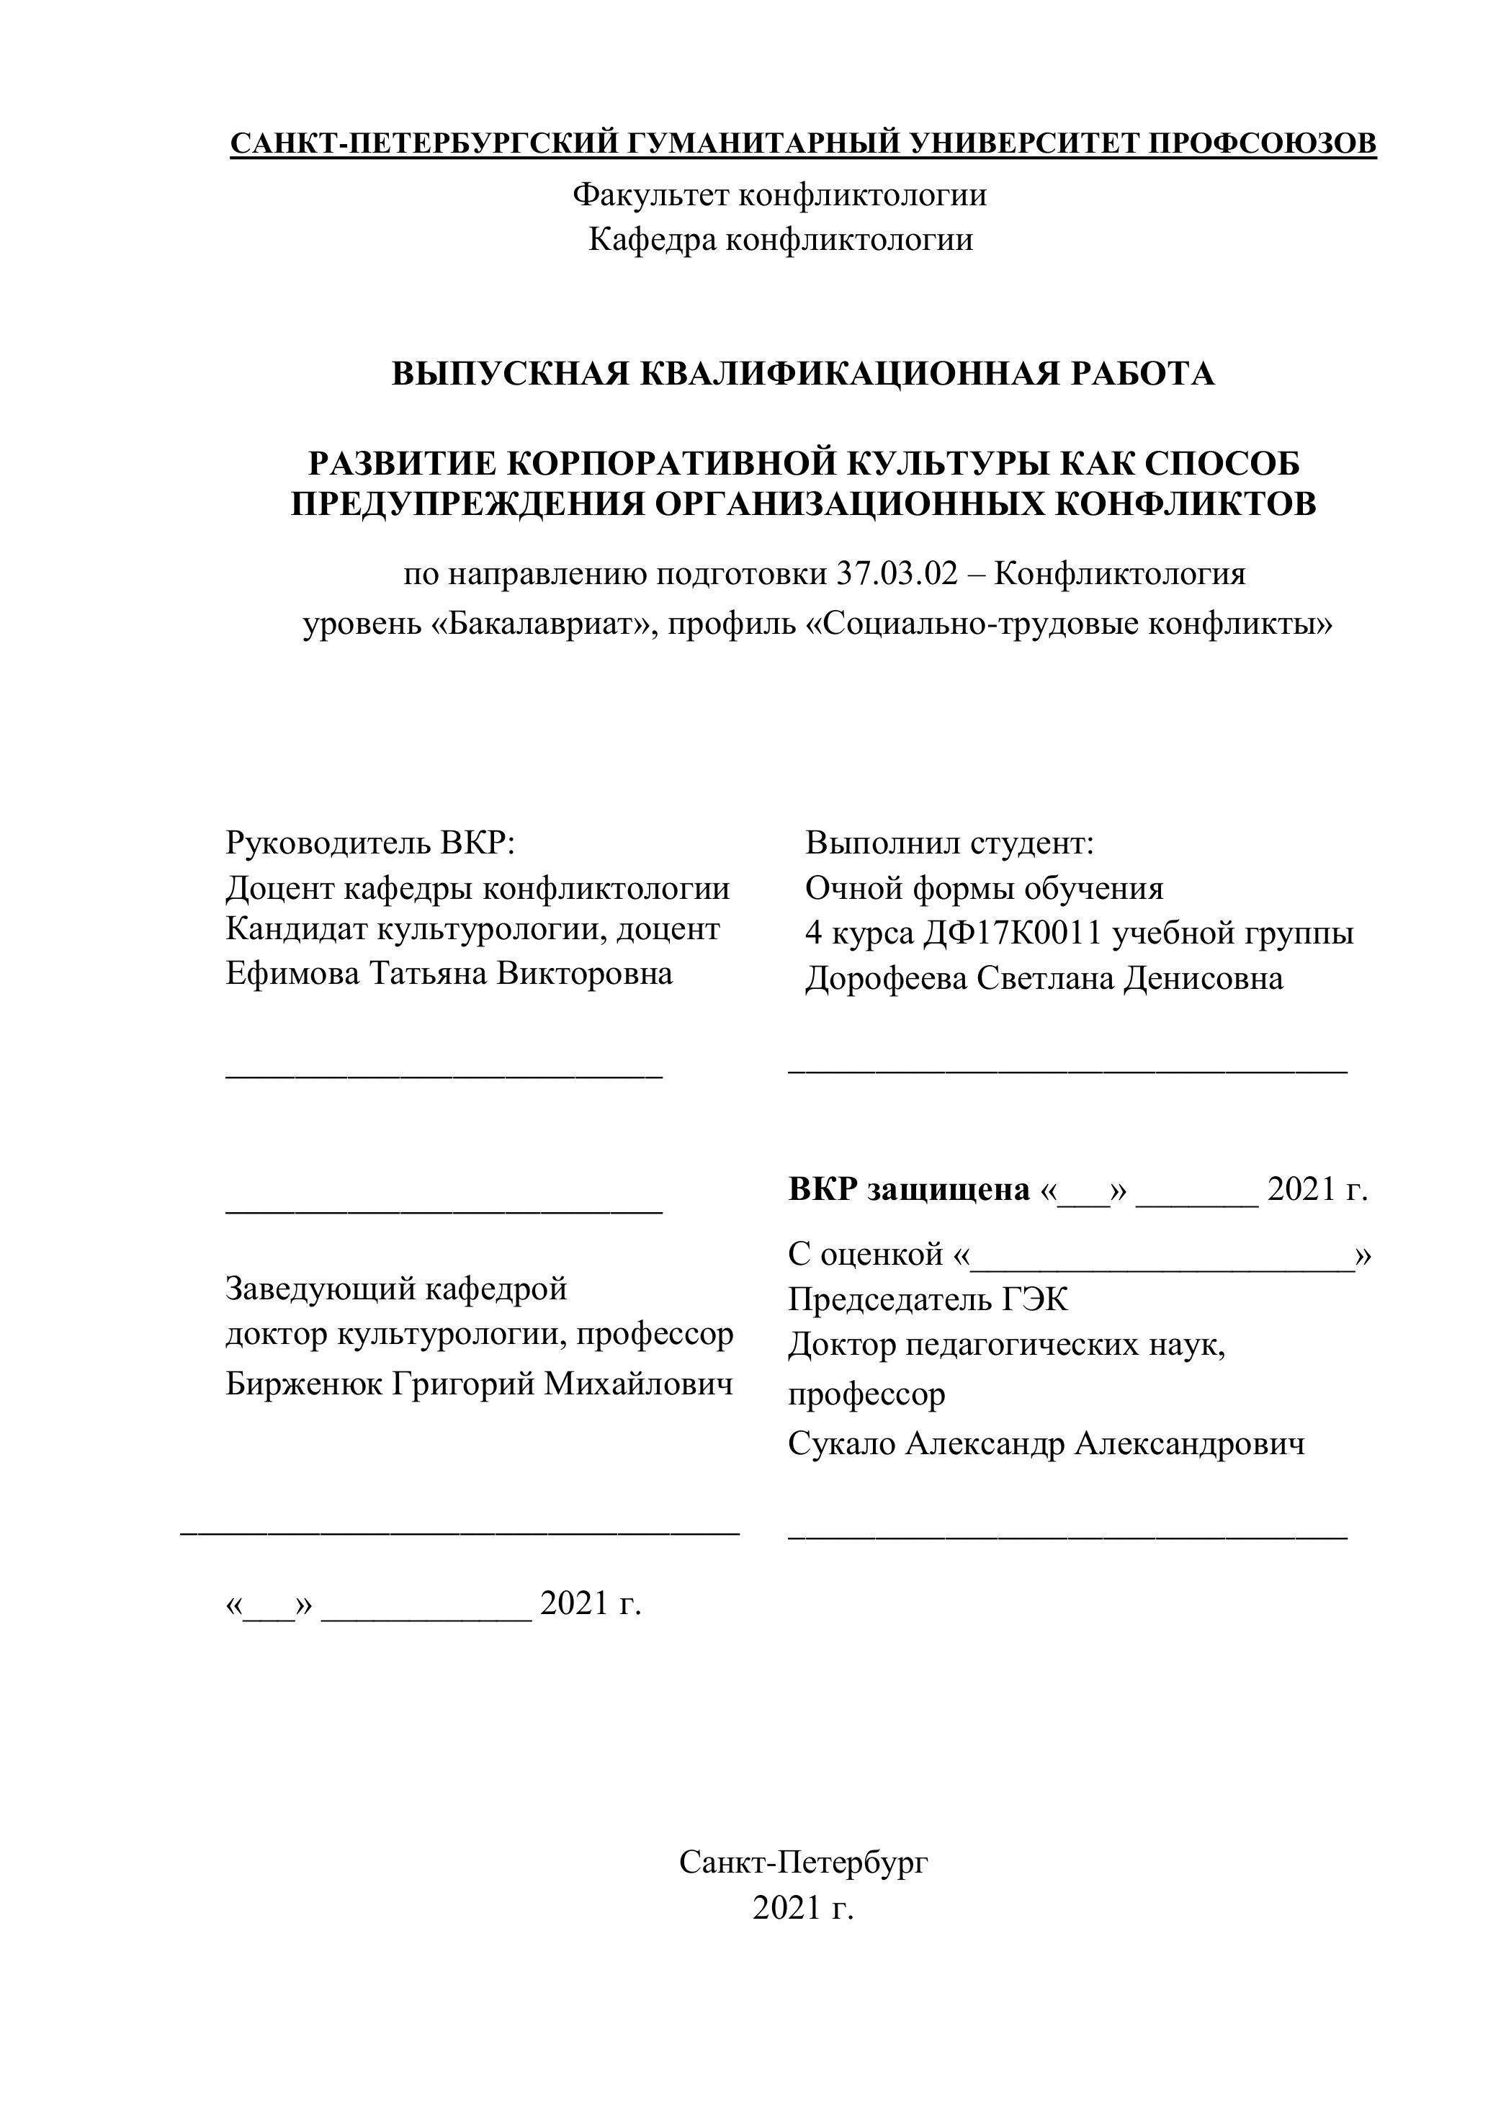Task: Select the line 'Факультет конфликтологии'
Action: [780, 195]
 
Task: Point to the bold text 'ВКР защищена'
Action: [909, 1190]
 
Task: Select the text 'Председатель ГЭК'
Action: [928, 1300]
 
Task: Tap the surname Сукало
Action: [842, 1444]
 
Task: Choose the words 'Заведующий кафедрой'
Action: [396, 1290]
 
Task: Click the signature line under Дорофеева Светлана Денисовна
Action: [1068, 1070]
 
